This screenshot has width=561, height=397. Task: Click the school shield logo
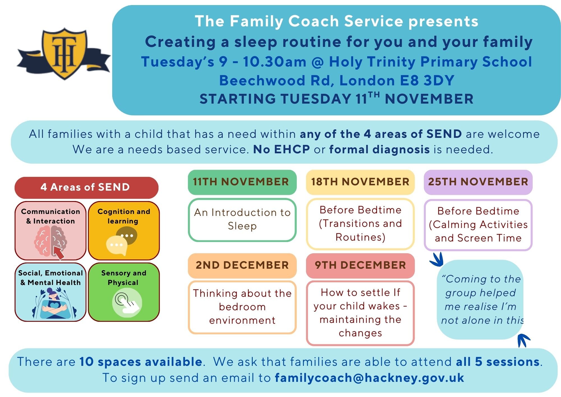coord(64,53)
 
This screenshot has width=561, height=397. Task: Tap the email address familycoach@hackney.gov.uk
coord(369,378)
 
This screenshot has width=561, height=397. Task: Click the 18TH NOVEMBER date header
coord(360,182)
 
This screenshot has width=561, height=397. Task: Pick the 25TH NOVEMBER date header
coord(478,182)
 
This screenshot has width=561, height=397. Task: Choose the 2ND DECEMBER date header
coord(242,265)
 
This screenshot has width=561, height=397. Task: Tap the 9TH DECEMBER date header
coord(360,265)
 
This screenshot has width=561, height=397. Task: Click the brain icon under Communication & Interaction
coord(50,242)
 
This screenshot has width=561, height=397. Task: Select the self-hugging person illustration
coord(54,304)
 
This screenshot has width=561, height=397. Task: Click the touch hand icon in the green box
coord(127,303)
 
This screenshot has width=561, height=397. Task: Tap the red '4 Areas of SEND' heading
coord(86,187)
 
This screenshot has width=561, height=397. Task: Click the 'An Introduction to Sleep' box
coord(242,220)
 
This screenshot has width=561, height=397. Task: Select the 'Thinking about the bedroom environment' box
coord(242,307)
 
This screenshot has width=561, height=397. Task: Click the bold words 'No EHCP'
coord(281,150)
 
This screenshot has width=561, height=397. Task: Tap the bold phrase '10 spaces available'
coord(141,362)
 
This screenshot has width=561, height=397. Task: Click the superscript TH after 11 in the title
coord(374,95)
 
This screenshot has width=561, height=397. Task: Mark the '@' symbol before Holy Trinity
coord(318,62)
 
